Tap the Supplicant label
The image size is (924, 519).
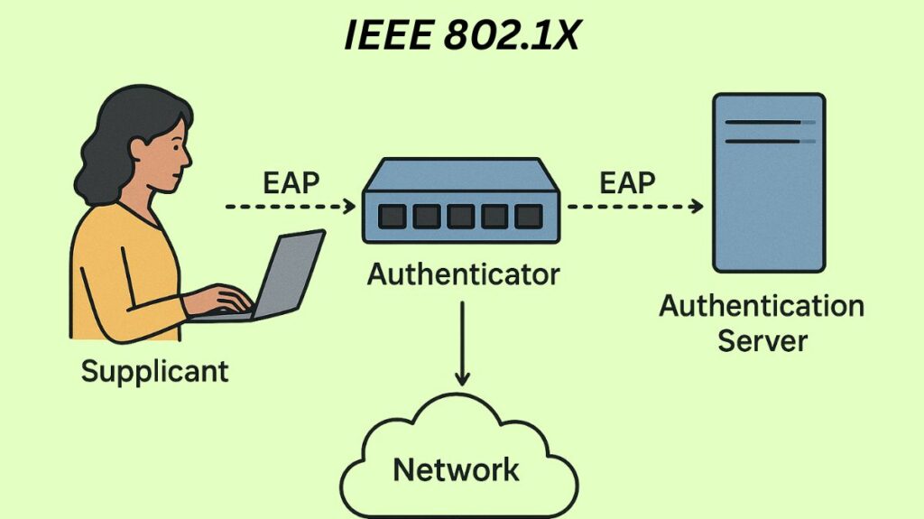click(x=154, y=370)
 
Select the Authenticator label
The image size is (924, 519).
click(x=463, y=273)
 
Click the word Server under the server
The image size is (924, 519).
click(x=762, y=340)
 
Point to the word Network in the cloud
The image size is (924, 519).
click(x=457, y=468)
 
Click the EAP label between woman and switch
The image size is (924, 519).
click(x=291, y=182)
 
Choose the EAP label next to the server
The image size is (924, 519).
click(x=627, y=182)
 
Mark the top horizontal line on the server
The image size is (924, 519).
click(x=767, y=122)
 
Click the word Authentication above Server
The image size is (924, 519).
click(x=762, y=306)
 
